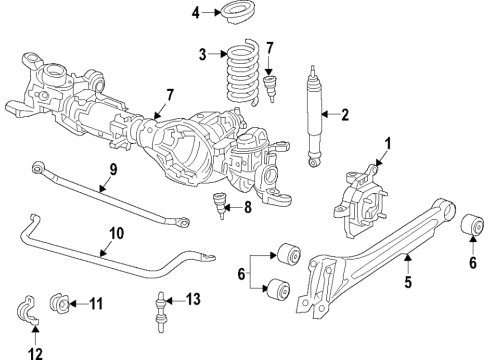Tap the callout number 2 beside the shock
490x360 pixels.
coord(345,116)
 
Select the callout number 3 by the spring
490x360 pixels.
coord(203,53)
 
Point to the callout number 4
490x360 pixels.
coord(196,13)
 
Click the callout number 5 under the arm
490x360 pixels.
coord(408,286)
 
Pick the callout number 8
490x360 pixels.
coord(250,209)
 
